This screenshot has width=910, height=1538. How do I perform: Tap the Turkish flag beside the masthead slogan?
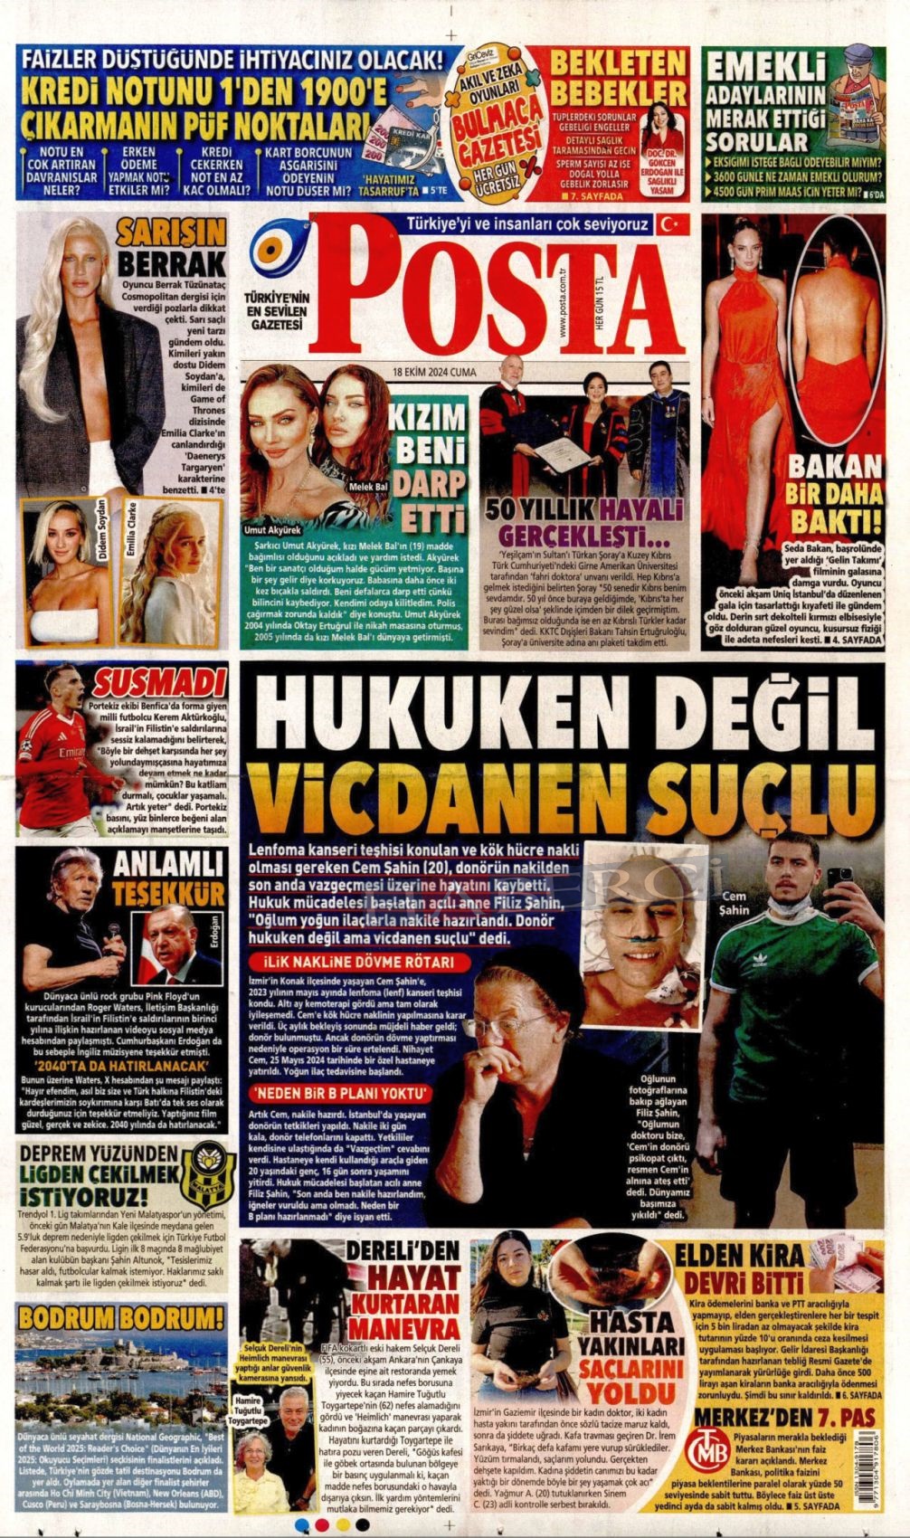672,223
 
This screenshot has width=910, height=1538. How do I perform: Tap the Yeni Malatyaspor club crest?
209,1172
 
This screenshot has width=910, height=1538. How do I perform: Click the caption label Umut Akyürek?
270,530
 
